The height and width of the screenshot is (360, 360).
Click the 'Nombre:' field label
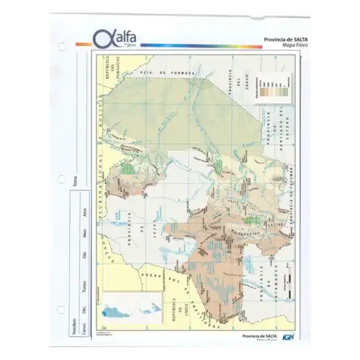75,327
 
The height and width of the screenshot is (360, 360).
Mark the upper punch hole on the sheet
62,47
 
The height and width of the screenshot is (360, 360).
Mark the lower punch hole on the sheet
62,310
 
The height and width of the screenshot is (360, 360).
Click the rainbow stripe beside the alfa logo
200,45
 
